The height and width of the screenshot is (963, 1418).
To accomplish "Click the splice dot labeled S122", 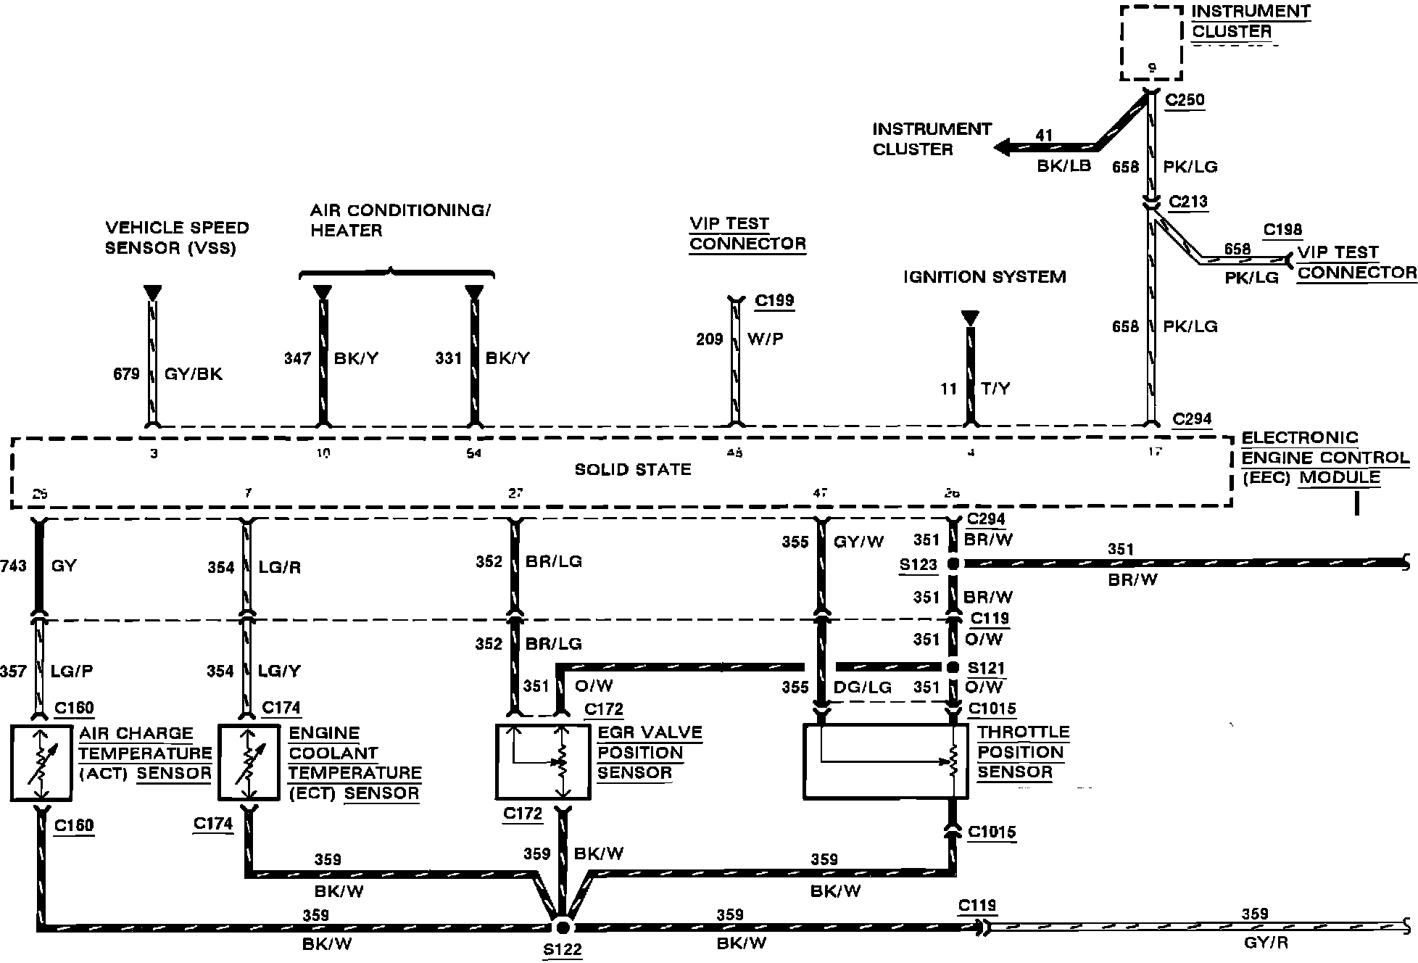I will (563, 927).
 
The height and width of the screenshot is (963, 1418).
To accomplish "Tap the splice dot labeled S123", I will (953, 563).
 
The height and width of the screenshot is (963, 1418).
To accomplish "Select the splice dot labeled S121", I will (953, 667).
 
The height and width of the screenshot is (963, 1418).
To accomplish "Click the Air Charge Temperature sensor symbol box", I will (41, 763).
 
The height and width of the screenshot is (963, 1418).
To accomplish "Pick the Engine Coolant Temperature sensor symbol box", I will (249, 763).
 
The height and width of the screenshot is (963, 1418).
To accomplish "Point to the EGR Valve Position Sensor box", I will (543, 761).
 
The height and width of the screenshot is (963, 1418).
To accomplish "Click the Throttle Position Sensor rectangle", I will (885, 761).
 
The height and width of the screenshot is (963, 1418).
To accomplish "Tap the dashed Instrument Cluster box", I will (1151, 43).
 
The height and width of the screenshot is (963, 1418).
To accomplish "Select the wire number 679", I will (126, 374).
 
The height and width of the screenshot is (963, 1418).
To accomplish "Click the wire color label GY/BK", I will (194, 374).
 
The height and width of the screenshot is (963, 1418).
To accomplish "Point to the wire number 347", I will (297, 358).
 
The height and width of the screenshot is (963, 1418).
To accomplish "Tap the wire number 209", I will (710, 339).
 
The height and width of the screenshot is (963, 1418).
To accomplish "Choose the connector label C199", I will (774, 300).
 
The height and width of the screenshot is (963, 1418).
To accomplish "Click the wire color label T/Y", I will (995, 389).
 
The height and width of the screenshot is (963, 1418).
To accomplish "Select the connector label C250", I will (1185, 99).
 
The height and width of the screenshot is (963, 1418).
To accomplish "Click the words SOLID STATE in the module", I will (633, 470).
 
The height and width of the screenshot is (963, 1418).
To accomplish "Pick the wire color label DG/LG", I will (863, 687).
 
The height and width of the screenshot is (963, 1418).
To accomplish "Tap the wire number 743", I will (14, 566).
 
